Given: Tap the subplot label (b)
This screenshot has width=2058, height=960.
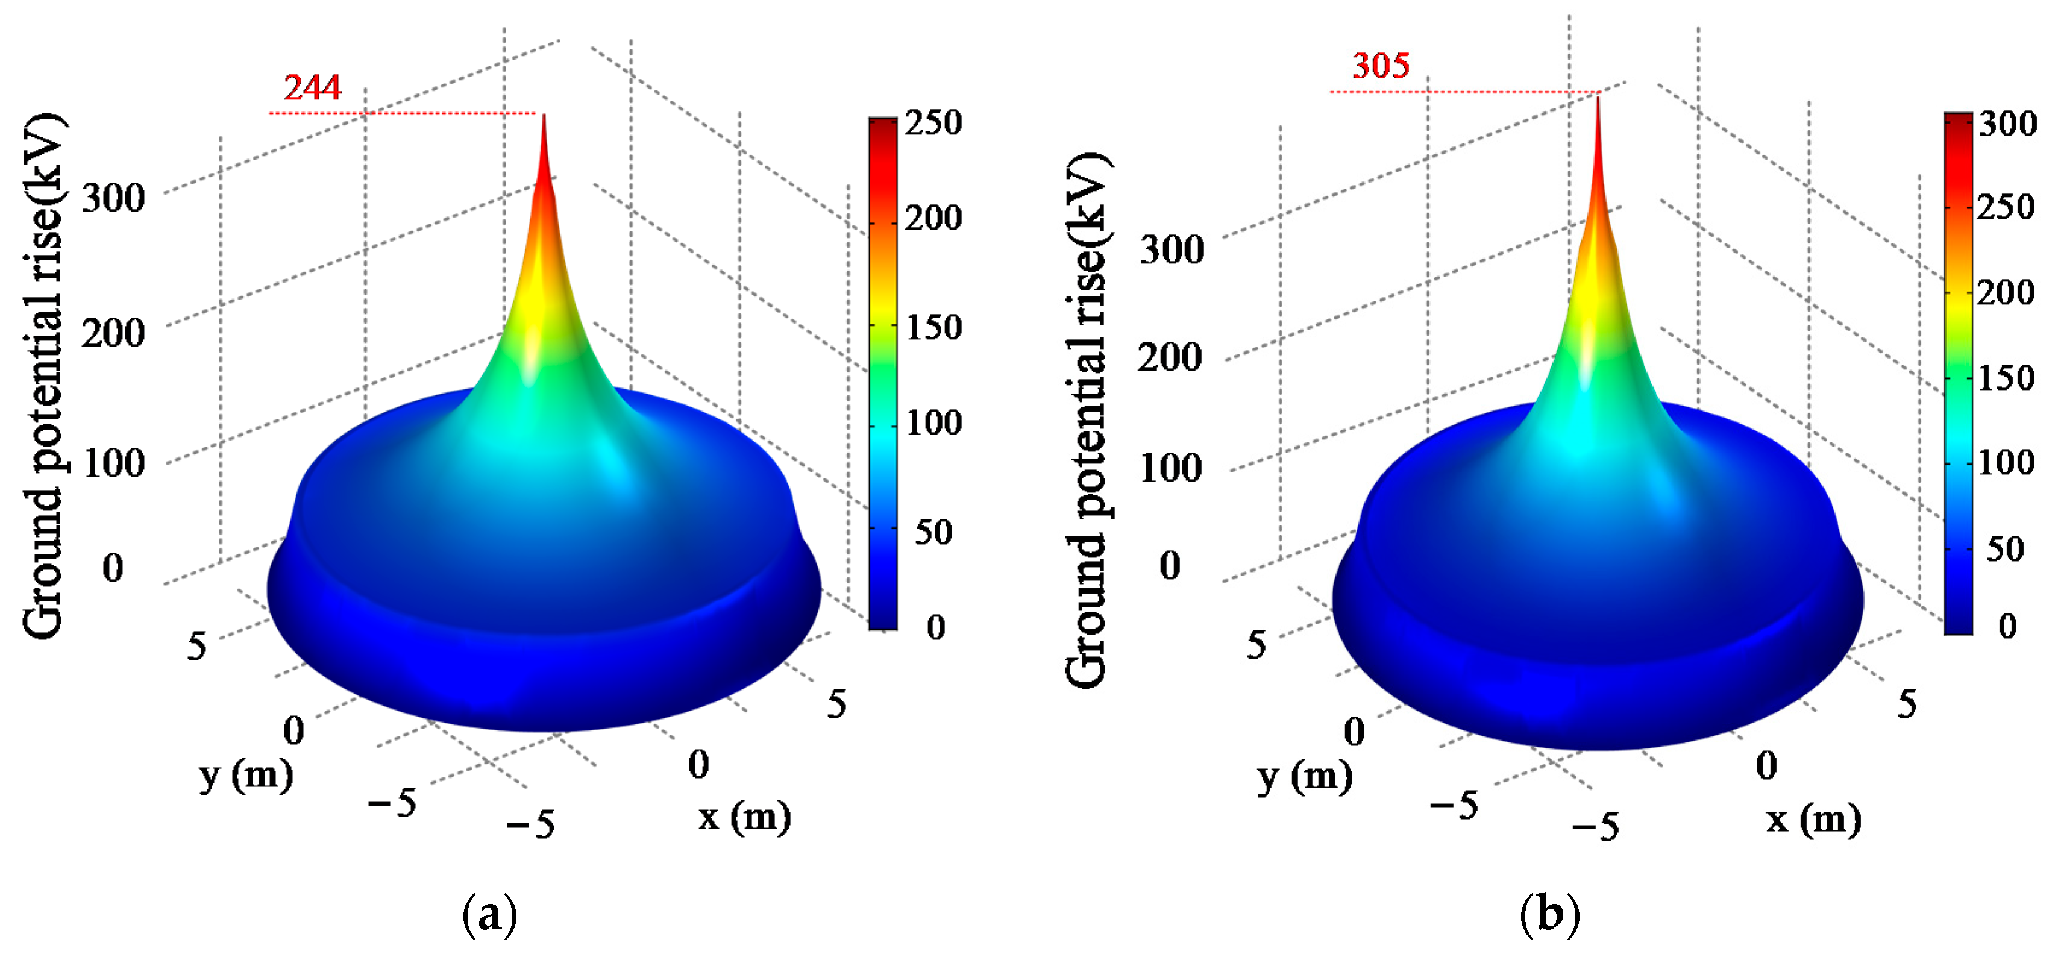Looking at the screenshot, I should [x=1549, y=914].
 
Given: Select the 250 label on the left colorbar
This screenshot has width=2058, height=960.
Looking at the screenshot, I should [x=932, y=122].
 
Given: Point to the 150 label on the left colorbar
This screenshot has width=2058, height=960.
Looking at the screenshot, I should [x=932, y=327].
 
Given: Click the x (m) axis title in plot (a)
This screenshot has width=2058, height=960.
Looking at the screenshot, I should [x=744, y=816].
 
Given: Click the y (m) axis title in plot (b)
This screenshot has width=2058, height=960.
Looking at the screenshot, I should [x=1305, y=776].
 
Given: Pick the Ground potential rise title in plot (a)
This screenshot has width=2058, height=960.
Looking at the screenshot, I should [x=43, y=375].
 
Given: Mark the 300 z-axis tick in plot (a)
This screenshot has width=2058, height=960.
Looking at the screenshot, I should [x=113, y=196].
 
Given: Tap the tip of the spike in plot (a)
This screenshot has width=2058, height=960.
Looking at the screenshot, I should [x=544, y=116].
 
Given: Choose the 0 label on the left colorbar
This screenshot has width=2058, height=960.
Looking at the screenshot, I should [x=935, y=628].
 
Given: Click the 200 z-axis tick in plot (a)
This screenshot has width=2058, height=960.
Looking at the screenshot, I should [x=113, y=332].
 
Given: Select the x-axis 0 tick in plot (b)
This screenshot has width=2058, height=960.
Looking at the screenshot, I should [x=1766, y=765].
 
